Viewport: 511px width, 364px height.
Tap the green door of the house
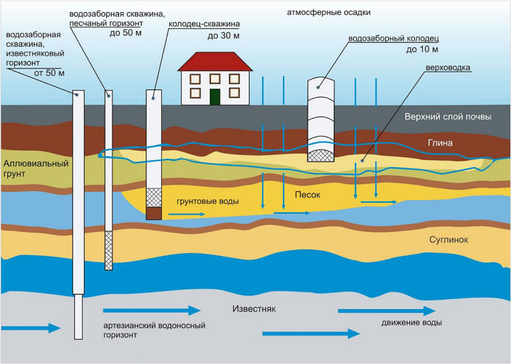(x=215, y=96)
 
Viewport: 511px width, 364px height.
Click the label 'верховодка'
(x=449, y=68)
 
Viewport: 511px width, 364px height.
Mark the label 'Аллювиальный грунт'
(x=28, y=170)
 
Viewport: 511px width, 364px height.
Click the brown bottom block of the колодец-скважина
(x=154, y=213)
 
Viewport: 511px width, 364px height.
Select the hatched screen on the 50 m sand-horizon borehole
(x=108, y=249)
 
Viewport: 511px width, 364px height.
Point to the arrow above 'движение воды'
(x=386, y=311)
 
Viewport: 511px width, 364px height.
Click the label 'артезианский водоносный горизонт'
(x=154, y=329)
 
